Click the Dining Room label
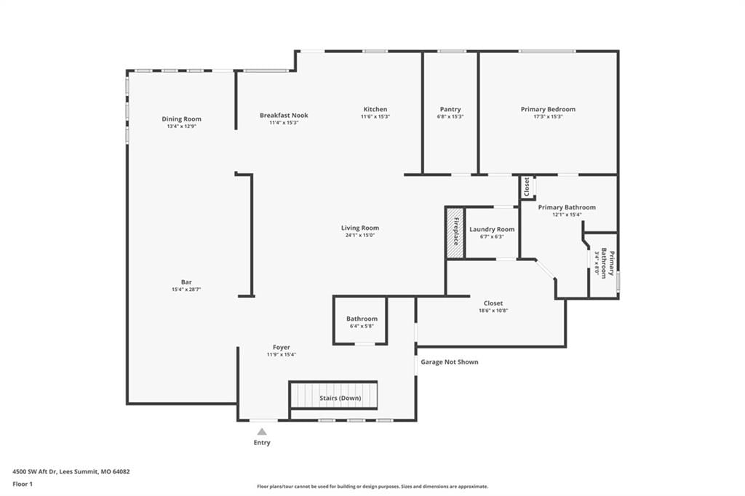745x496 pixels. (x=181, y=119)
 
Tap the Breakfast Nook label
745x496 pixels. (x=284, y=115)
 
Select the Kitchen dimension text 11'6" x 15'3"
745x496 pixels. (x=375, y=116)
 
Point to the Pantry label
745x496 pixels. (x=450, y=109)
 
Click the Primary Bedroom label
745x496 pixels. (x=548, y=109)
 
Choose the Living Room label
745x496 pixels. (x=360, y=228)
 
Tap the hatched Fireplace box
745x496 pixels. (x=455, y=232)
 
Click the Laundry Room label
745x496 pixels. (x=492, y=229)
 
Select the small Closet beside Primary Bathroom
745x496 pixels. (x=527, y=187)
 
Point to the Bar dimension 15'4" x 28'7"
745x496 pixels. (x=186, y=289)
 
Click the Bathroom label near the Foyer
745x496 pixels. (x=362, y=319)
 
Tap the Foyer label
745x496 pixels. (x=282, y=348)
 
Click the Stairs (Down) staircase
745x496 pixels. (x=334, y=395)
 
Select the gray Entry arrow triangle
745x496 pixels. (x=262, y=431)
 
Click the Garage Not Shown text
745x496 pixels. (x=450, y=362)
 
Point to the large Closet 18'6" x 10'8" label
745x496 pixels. (x=493, y=303)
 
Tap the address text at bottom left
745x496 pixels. (x=71, y=472)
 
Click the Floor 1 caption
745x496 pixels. (x=23, y=484)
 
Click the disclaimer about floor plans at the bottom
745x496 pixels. (x=372, y=487)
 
